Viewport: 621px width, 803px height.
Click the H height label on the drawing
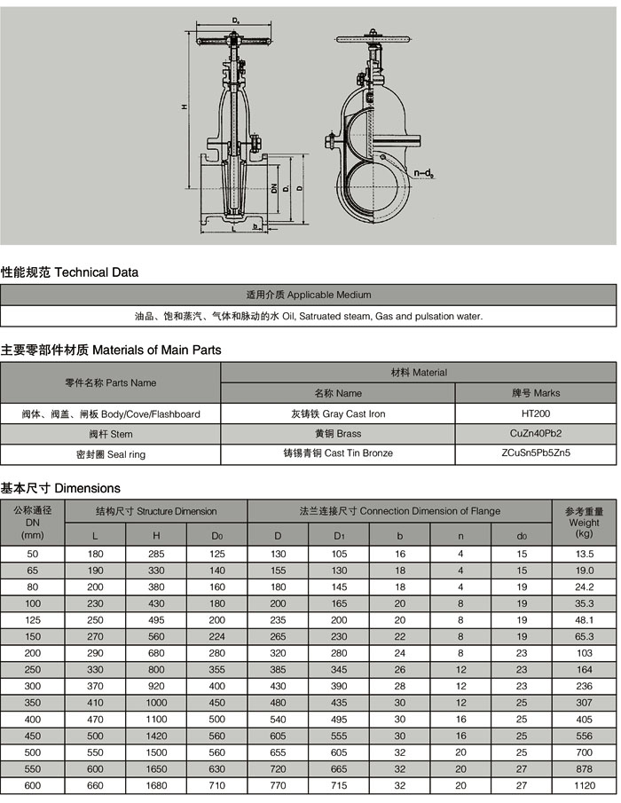(x=184, y=107)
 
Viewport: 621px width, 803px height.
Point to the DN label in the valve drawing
(x=276, y=188)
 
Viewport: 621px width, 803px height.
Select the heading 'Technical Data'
(x=69, y=272)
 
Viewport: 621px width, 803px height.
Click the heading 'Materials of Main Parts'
(x=111, y=350)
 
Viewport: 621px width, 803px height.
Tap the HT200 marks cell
(x=536, y=413)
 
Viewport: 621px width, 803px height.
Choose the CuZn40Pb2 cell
(x=536, y=434)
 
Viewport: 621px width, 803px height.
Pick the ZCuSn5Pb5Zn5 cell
(x=536, y=453)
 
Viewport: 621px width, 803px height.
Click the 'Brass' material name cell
(x=337, y=434)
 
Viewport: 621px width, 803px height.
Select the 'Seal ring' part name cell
(x=110, y=454)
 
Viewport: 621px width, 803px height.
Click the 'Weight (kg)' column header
(x=584, y=523)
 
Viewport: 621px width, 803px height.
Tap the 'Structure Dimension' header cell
(x=156, y=511)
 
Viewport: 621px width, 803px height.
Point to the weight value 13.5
(x=584, y=554)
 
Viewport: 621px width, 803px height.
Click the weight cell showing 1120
(x=584, y=785)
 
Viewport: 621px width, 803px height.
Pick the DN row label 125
(x=33, y=620)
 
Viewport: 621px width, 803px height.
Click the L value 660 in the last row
(x=96, y=785)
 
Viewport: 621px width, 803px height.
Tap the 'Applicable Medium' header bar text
(x=308, y=295)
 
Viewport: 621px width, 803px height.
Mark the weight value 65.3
(x=584, y=636)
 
